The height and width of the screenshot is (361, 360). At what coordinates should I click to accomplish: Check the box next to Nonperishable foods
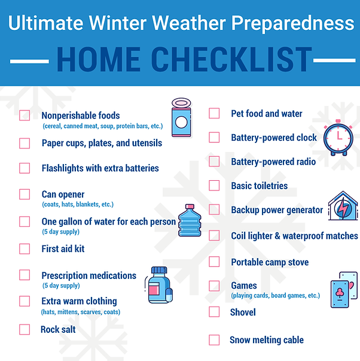[x=25, y=116]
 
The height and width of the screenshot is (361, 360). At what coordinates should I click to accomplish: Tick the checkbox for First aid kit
[x=25, y=248]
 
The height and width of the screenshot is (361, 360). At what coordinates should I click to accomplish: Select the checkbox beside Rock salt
[x=25, y=329]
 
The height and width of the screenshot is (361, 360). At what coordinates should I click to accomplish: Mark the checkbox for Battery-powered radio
[x=214, y=162]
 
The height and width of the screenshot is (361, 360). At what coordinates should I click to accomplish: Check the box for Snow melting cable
[x=214, y=340]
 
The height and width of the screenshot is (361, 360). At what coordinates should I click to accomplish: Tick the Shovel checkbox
[x=214, y=312]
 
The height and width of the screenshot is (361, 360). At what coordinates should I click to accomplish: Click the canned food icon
[x=181, y=117]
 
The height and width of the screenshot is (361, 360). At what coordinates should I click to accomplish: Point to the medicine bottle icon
[x=157, y=285]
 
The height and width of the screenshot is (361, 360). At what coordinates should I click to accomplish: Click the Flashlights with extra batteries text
[x=100, y=168]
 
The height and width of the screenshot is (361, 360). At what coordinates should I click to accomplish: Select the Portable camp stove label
[x=270, y=262]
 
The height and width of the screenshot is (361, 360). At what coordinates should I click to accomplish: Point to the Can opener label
[x=63, y=195]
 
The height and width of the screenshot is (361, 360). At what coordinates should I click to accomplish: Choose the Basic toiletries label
[x=259, y=186]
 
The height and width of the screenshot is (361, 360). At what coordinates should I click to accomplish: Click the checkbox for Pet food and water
[x=214, y=114]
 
